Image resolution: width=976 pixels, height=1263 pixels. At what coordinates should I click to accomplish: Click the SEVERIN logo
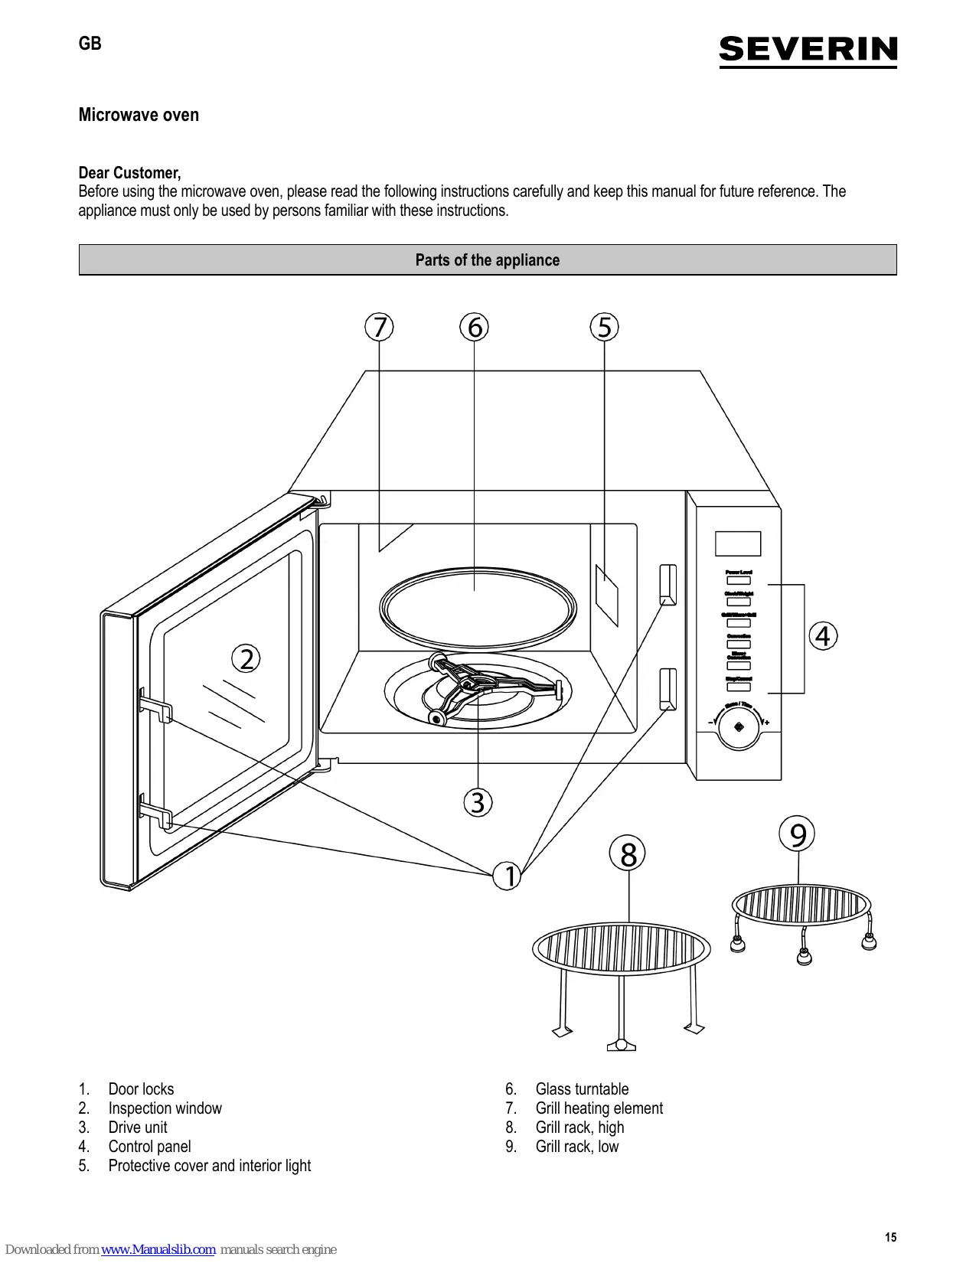[x=808, y=51]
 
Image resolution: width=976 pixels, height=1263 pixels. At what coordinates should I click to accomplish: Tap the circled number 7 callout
[x=379, y=327]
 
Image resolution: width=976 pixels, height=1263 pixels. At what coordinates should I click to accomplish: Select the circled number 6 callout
[x=475, y=327]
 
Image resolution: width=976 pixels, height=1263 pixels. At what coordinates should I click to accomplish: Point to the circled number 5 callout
[x=604, y=327]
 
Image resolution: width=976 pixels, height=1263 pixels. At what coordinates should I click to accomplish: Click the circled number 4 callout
[x=823, y=636]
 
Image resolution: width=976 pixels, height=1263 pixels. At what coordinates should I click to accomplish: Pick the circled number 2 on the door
[x=246, y=658]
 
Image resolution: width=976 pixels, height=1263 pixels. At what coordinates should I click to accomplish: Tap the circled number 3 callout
[x=478, y=802]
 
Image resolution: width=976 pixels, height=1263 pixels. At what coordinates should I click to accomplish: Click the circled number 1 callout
[x=508, y=876]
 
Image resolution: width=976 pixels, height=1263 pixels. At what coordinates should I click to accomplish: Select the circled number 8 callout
[x=628, y=854]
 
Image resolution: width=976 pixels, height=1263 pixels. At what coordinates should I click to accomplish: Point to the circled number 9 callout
[x=798, y=834]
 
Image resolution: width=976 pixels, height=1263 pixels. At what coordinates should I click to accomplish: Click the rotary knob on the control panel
[x=739, y=727]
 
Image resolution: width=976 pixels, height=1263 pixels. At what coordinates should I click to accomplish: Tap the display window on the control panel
[x=738, y=543]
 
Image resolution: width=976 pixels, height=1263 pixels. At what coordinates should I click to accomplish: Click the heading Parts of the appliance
[x=488, y=260]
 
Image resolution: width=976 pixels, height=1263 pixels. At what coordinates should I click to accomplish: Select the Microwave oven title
[x=139, y=115]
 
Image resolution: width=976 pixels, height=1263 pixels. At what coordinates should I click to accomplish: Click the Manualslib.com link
[x=158, y=1249]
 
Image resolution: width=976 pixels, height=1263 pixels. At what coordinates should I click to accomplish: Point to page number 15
[x=890, y=1237]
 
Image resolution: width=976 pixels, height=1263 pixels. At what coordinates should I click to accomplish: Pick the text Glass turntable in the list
[x=582, y=1089]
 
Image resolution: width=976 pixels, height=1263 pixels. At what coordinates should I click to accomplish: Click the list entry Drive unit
[x=138, y=1128]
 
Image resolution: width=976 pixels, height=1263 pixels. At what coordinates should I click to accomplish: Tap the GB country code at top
[x=90, y=44]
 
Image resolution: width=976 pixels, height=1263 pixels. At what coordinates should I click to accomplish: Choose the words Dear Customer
[x=129, y=173]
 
